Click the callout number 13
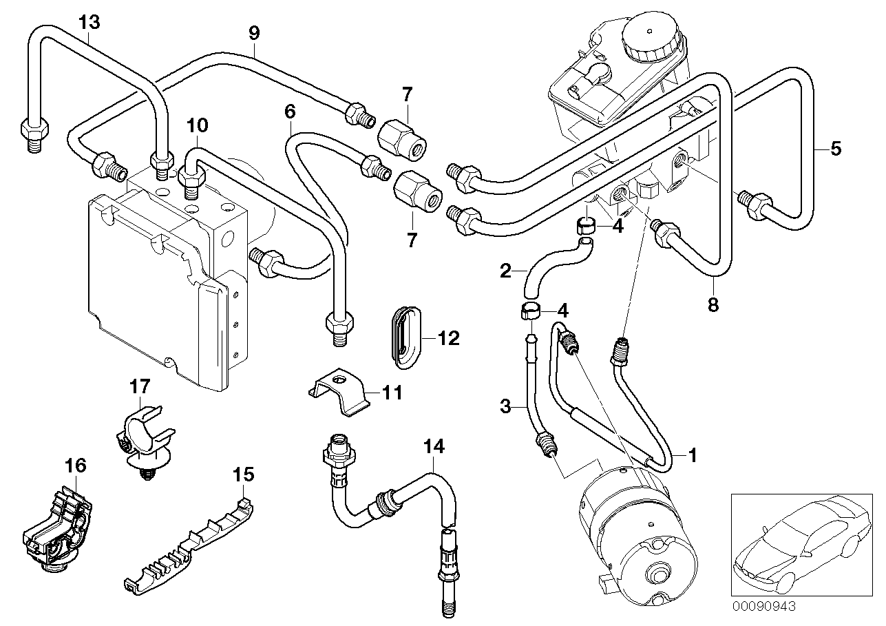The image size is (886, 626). coord(88,21)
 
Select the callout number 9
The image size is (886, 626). coord(254,31)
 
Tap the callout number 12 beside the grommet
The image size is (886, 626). coord(447,337)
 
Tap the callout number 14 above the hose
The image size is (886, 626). coord(434,447)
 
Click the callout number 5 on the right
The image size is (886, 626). coord(836,148)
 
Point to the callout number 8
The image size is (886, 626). coord(713,304)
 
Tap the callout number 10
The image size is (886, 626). coord(197,125)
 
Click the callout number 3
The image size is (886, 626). coord(505,407)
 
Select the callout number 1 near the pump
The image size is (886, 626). coord(693,455)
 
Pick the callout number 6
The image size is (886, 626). coord(289,110)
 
